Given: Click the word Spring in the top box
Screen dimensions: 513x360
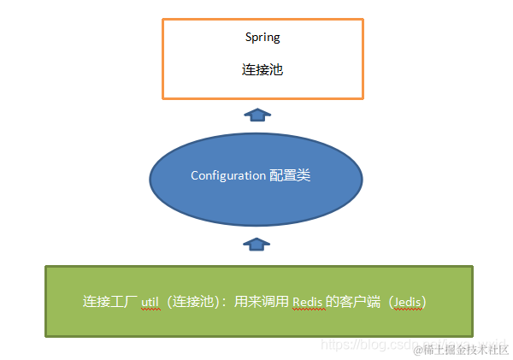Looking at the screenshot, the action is click(262, 38).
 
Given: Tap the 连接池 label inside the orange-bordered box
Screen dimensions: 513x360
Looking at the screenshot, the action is click(262, 70).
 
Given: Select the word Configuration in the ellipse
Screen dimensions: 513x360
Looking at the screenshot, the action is click(228, 175).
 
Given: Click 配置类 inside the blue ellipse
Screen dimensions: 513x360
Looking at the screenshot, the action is click(290, 175).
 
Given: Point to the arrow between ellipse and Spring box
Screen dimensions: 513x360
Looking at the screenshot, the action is click(256, 114).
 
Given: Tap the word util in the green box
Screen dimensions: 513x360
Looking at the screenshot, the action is click(150, 302).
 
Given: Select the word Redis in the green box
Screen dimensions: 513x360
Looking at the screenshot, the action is click(308, 302).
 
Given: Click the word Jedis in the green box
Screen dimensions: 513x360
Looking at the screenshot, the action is click(405, 302).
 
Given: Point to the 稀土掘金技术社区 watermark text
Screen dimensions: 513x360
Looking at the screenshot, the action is click(466, 350).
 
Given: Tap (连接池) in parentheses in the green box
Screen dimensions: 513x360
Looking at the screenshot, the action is click(195, 302).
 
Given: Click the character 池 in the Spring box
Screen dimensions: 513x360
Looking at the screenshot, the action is click(276, 70).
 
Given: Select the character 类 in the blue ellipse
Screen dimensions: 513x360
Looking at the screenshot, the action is click(304, 175).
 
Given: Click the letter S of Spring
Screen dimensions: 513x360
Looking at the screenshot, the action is click(248, 38).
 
